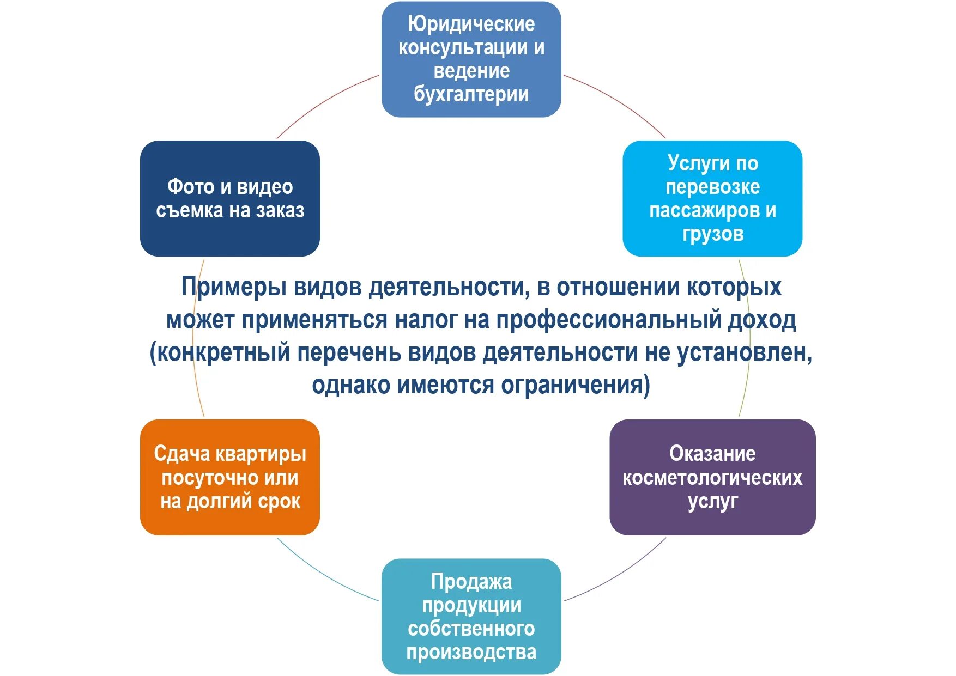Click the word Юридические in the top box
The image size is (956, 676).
(x=471, y=25)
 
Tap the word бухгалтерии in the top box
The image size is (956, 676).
(x=471, y=95)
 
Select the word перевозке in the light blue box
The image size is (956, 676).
(x=712, y=187)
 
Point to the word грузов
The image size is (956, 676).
(x=712, y=234)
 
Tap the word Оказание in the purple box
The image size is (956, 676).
(x=712, y=454)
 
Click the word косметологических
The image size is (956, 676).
(x=712, y=478)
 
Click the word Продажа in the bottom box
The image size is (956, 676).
(x=471, y=582)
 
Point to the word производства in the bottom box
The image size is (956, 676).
(x=471, y=652)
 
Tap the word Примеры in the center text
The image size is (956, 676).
(x=234, y=287)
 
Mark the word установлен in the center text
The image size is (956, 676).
(x=743, y=352)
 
